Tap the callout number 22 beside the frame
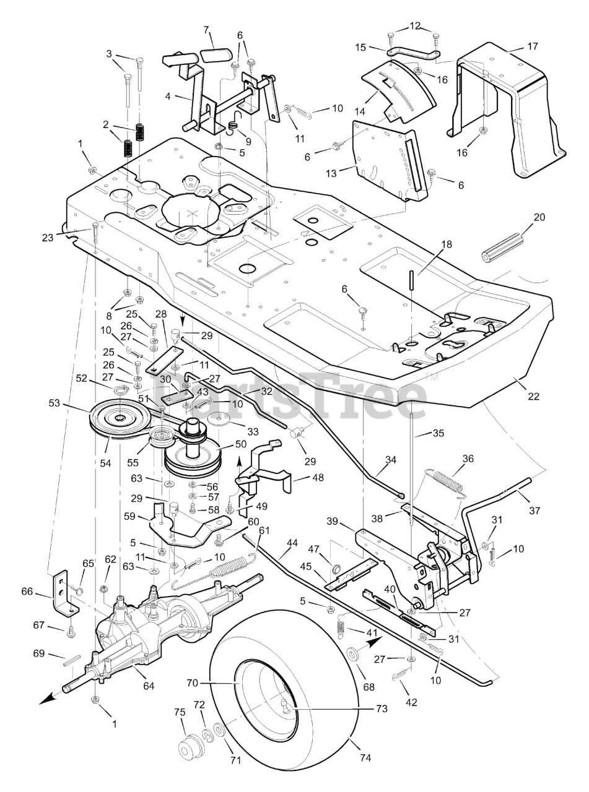click(x=533, y=397)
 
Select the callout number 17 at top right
click(x=532, y=46)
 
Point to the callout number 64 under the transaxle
click(x=148, y=686)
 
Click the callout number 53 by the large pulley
click(x=55, y=403)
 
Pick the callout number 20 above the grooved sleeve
click(x=539, y=217)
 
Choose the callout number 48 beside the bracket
click(x=317, y=477)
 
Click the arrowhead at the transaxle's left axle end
click(x=47, y=699)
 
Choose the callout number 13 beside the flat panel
click(x=331, y=173)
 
